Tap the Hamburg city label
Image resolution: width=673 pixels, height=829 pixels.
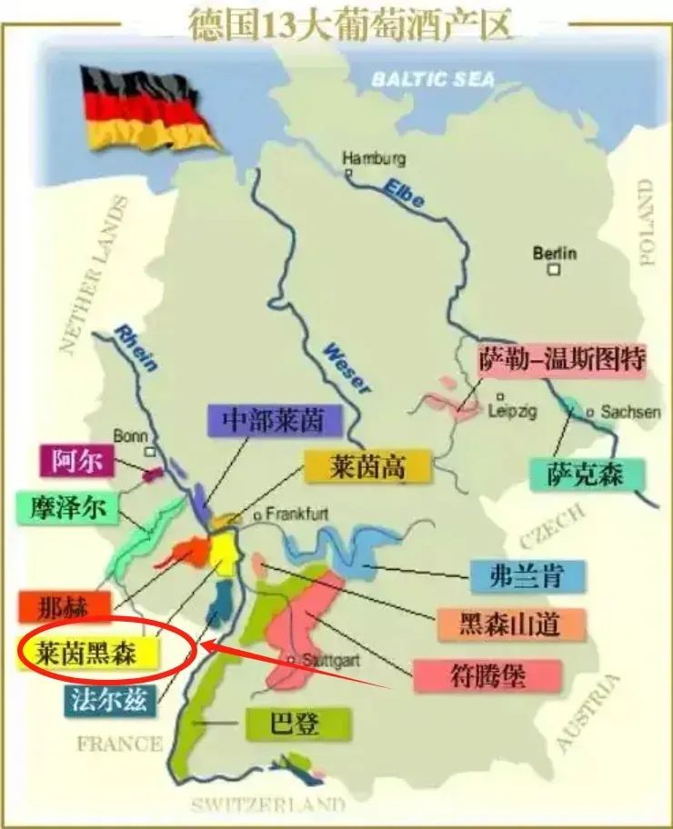[x=371, y=158]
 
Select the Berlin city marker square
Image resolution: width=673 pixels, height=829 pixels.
[x=554, y=270]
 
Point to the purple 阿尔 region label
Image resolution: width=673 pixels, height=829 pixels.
[x=76, y=461]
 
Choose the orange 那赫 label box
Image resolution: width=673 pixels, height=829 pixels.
[x=64, y=606]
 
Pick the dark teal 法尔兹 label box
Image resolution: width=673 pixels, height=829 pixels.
[x=108, y=699]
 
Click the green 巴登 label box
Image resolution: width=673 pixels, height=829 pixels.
[x=286, y=724]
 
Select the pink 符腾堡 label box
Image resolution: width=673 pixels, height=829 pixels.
[x=476, y=674]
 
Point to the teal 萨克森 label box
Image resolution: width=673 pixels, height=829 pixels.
[x=588, y=474]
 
